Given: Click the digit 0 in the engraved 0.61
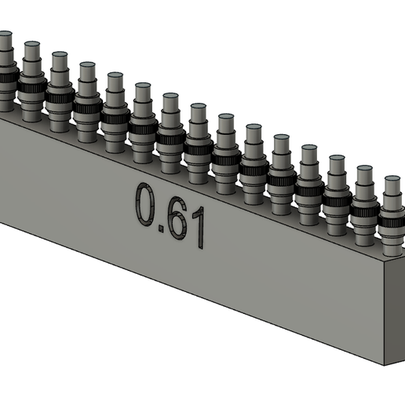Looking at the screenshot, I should click(x=146, y=205).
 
